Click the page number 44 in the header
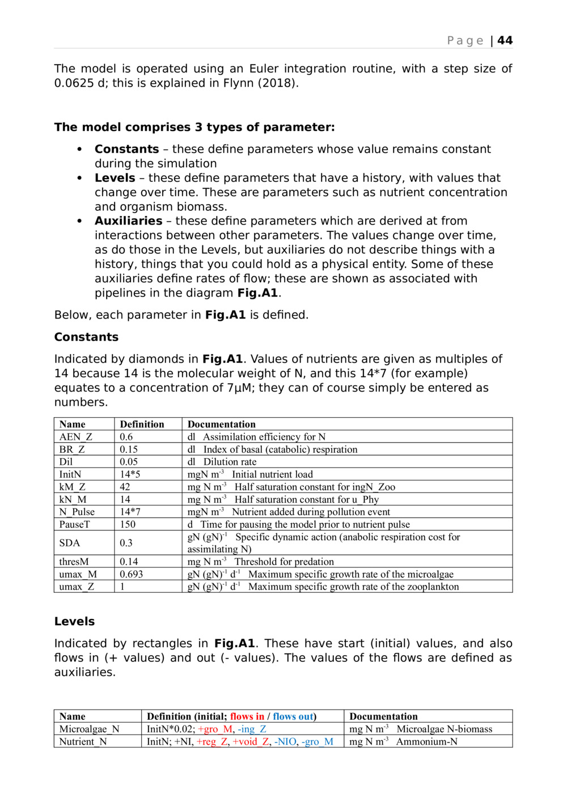click(x=505, y=41)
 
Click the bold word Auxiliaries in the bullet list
click(x=128, y=221)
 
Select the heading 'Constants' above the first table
click(x=86, y=337)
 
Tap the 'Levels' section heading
click(x=74, y=622)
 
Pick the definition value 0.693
click(x=131, y=574)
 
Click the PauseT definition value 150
click(x=128, y=524)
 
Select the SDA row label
click(x=70, y=543)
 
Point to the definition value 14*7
click(x=130, y=512)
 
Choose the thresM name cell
click(x=74, y=562)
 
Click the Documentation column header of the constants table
click(x=221, y=425)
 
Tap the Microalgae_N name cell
click(x=89, y=729)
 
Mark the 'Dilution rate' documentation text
click(x=230, y=462)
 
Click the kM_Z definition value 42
click(x=125, y=487)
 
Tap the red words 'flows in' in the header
click(x=247, y=717)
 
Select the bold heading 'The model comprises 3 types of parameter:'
click(x=194, y=128)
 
